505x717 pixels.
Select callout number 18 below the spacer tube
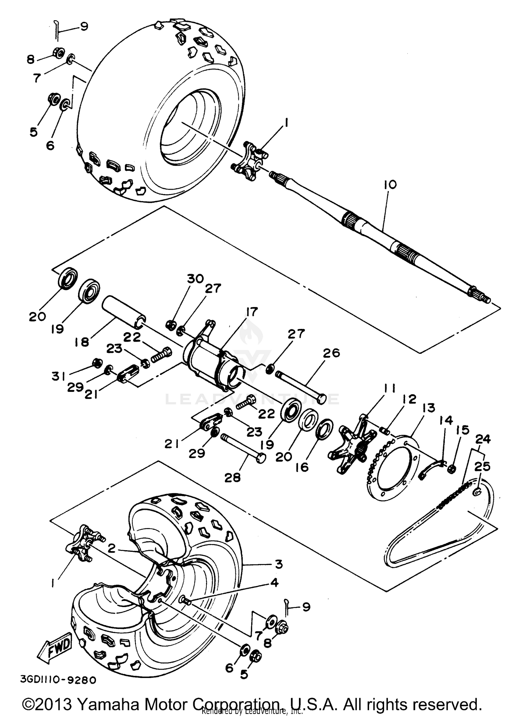tap(82, 342)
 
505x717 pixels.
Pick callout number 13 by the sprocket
tap(427, 408)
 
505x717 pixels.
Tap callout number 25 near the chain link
tap(482, 466)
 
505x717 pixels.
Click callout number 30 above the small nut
tap(196, 278)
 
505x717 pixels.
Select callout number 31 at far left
tap(59, 377)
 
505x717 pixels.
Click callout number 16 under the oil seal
tap(302, 467)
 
